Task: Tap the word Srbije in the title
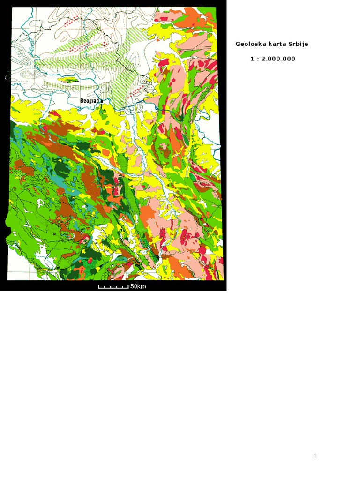tap(297, 44)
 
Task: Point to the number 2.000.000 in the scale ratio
tap(278, 59)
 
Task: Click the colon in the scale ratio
tap(257, 59)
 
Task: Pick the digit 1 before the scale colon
tap(252, 59)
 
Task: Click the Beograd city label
tap(90, 101)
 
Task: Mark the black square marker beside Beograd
tap(102, 101)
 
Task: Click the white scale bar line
tap(113, 287)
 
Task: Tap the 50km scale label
tap(138, 286)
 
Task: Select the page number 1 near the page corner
tap(315, 456)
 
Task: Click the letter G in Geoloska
tap(238, 44)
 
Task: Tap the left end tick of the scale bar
tap(98, 286)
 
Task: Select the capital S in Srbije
tap(291, 44)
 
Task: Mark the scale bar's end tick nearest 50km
tap(128, 286)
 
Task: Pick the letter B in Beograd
tap(82, 101)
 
